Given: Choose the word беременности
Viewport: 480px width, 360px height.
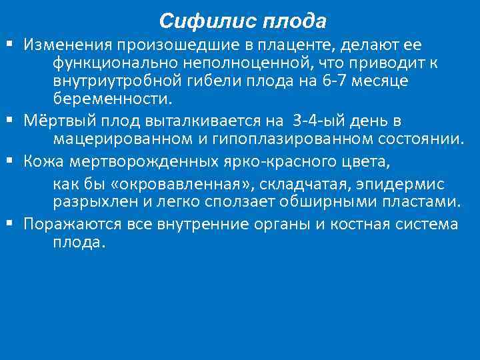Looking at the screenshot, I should pos(112,99).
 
